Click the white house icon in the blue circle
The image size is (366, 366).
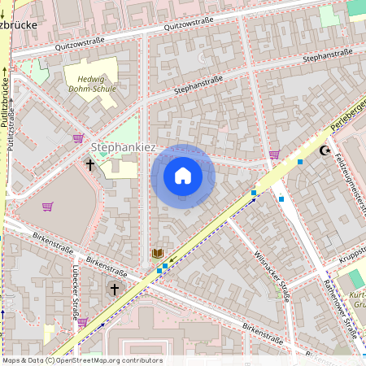(x=183, y=176)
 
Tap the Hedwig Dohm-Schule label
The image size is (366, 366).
(x=91, y=83)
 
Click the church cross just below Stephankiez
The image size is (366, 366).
(x=90, y=165)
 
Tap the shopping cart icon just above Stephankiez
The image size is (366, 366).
(x=78, y=138)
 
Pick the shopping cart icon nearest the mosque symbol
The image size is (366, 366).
(x=275, y=154)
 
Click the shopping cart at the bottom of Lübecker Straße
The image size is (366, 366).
(x=82, y=322)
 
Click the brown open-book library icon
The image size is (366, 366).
(x=157, y=255)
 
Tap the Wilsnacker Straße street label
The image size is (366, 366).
(x=272, y=277)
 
